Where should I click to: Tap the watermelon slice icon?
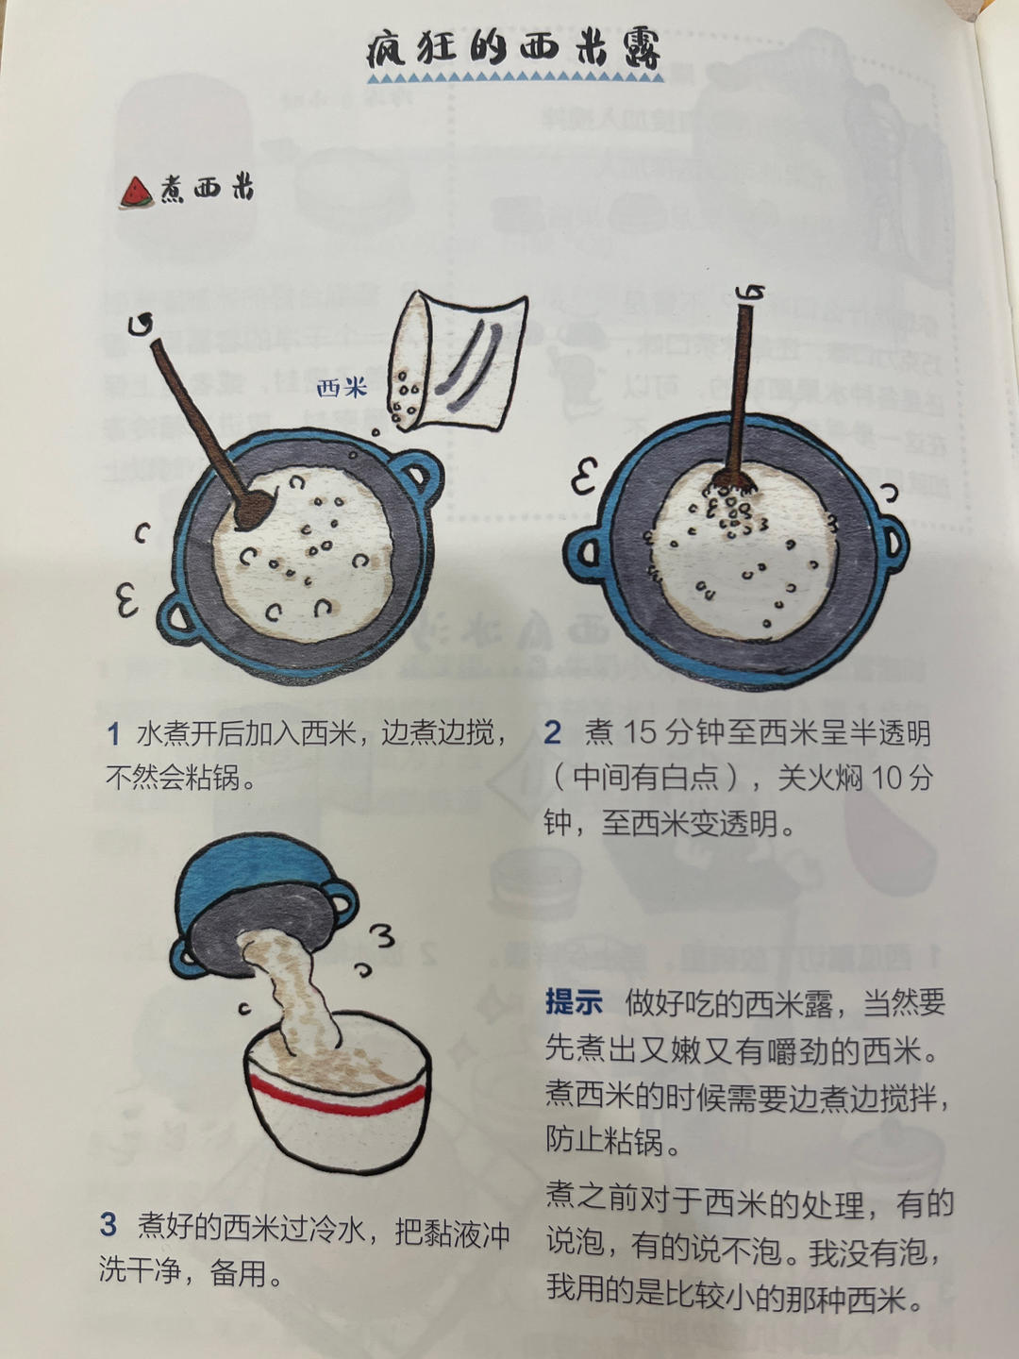pyautogui.click(x=136, y=192)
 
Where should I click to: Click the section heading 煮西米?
pyautogui.click(x=207, y=189)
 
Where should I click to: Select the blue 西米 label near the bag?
pyautogui.click(x=342, y=387)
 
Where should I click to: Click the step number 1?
pyautogui.click(x=113, y=733)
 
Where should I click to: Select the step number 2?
pyautogui.click(x=553, y=733)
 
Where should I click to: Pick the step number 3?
pyautogui.click(x=109, y=1225)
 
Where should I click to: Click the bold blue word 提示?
pyautogui.click(x=574, y=1002)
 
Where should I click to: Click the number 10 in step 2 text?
pyautogui.click(x=887, y=779)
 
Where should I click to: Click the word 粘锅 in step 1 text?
pyautogui.click(x=212, y=779)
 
